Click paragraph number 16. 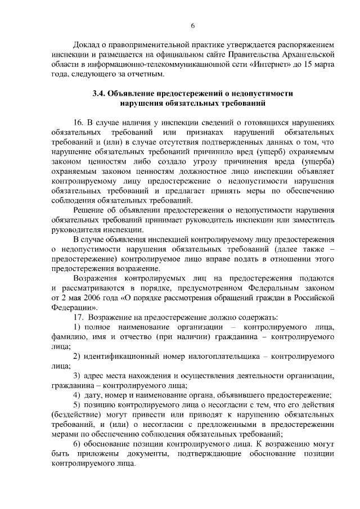(78, 123)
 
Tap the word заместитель (312, 219)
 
